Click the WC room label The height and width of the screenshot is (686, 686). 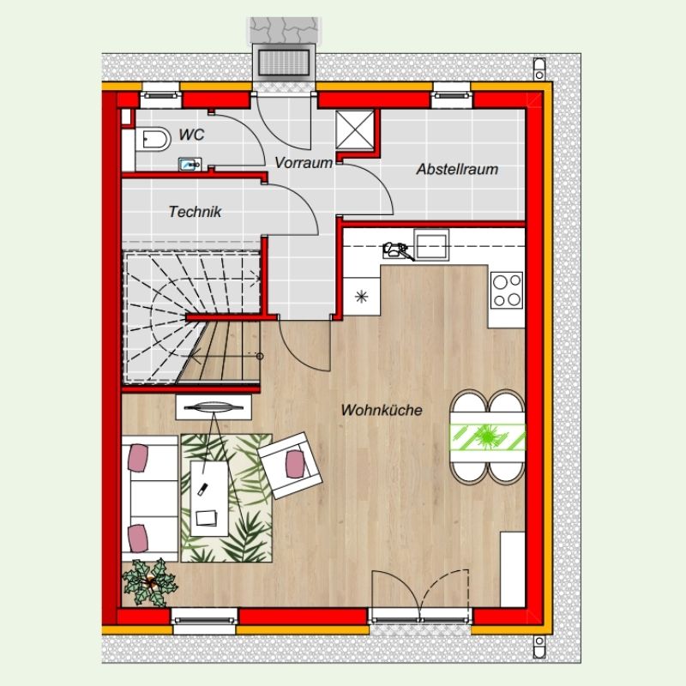coord(191,135)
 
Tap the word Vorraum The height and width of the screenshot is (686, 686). coord(304,163)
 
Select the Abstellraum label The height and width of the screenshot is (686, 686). coord(457,169)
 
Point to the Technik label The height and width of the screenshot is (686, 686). coord(196,212)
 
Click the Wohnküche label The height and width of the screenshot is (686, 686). coord(382,410)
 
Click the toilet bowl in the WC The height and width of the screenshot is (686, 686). coord(153,140)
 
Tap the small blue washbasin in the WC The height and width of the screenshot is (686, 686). coord(190,165)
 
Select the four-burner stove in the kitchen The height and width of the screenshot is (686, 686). coord(507,291)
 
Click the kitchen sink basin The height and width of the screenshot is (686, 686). coord(431,245)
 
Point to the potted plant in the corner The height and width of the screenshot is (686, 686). coord(149,583)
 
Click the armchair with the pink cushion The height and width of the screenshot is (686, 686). coord(291,466)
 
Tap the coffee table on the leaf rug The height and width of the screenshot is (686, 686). coord(209,498)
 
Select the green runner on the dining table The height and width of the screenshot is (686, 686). coord(487,436)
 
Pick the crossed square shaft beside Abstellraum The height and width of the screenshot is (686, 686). coord(355,130)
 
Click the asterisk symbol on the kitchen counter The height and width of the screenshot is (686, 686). coord(361,297)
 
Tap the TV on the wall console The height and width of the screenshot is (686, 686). coord(214,408)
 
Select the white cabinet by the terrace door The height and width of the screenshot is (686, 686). coord(512,569)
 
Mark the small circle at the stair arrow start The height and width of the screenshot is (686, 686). coord(260,356)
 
